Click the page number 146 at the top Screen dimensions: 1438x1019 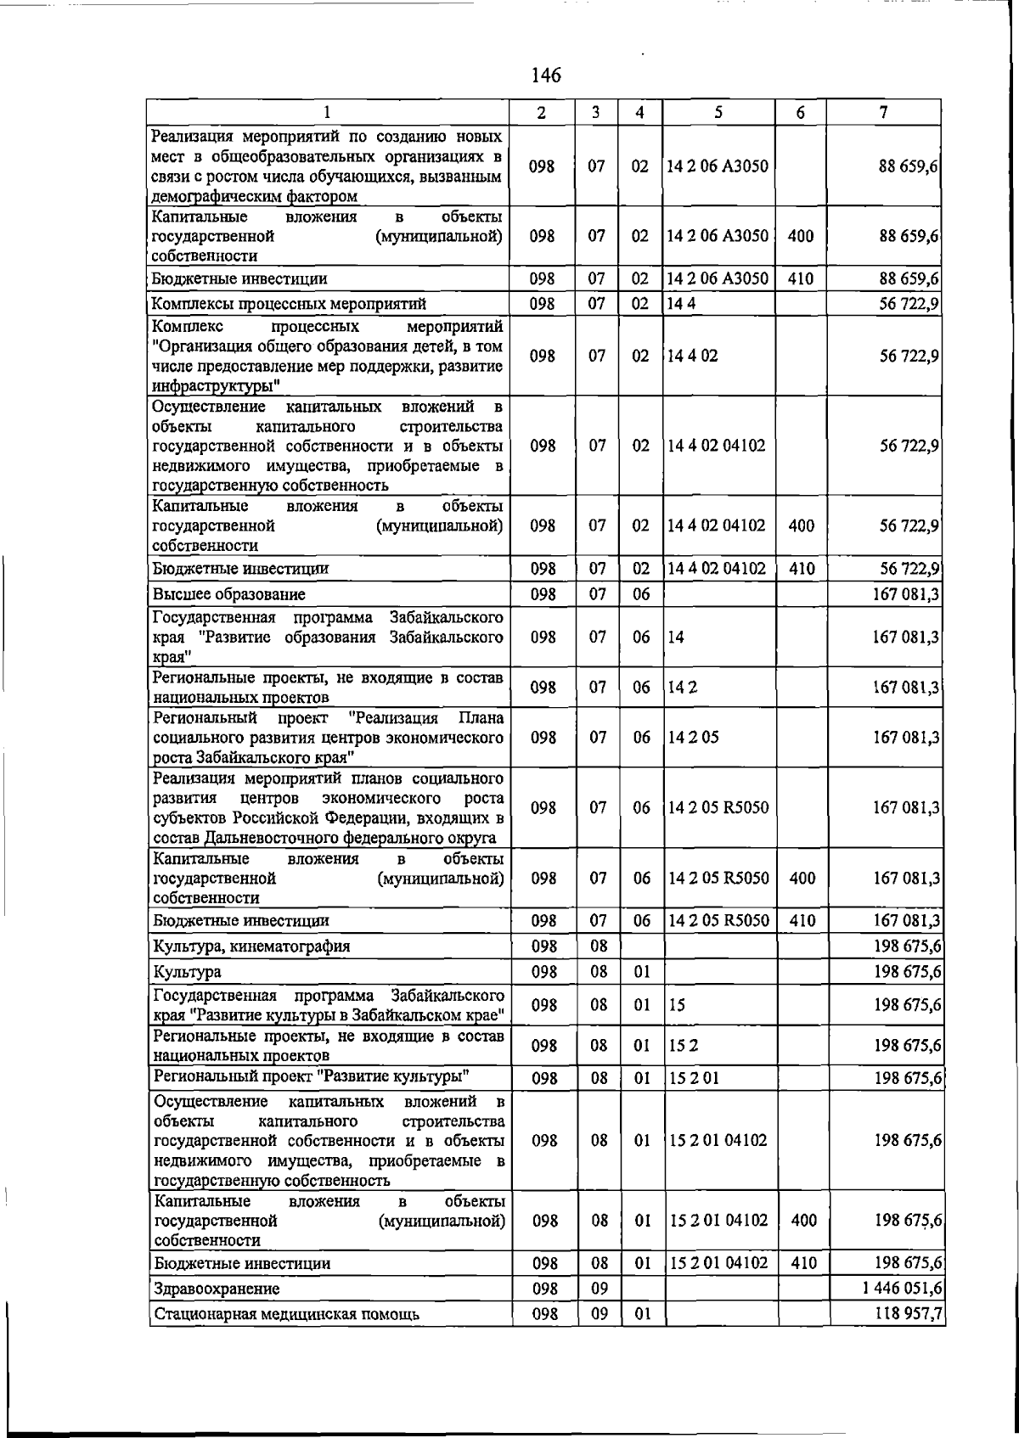coord(545,76)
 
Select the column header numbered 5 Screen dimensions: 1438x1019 coord(718,112)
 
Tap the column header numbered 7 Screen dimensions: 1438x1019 coord(884,112)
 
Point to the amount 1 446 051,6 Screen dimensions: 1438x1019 coord(902,1288)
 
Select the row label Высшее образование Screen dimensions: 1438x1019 coord(228,594)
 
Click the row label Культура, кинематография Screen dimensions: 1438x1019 coord(251,946)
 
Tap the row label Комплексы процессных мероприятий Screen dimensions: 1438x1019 coord(289,304)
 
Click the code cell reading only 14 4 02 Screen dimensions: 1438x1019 coord(692,356)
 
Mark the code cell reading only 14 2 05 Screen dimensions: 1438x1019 coord(693,737)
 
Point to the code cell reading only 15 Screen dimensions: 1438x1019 coord(678,1005)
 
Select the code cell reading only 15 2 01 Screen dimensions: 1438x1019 coord(694,1078)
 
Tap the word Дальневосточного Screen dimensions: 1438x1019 coord(307,839)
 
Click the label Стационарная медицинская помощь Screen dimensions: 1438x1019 coord(285,1315)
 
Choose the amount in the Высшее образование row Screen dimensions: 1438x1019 coord(907,594)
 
